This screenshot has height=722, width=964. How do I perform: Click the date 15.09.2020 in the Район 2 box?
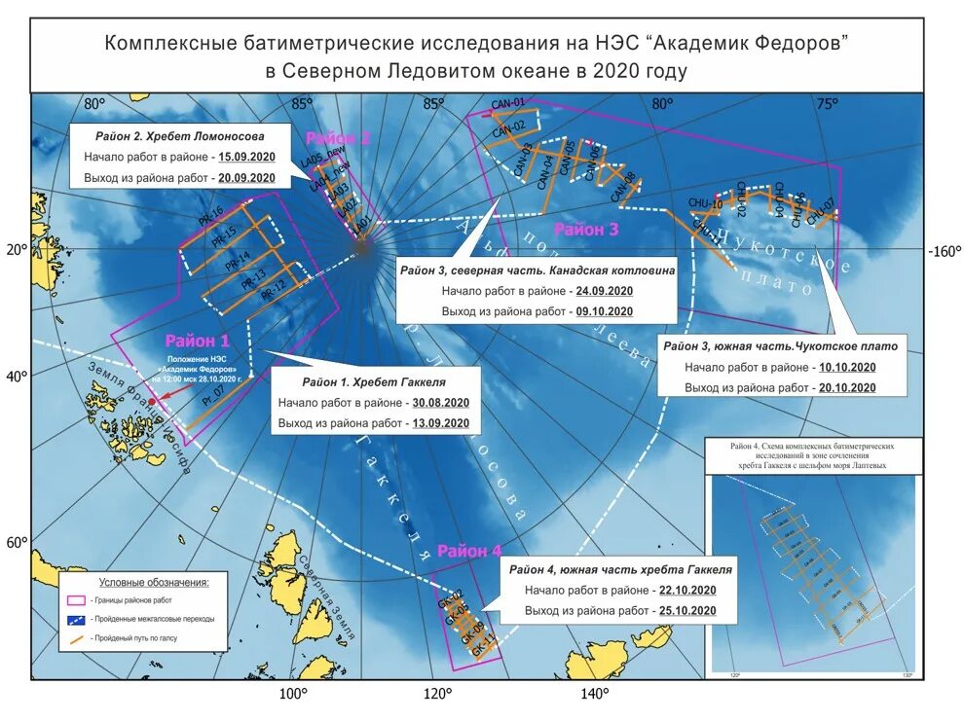click(x=246, y=157)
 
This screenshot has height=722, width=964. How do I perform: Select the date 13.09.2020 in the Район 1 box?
click(x=440, y=423)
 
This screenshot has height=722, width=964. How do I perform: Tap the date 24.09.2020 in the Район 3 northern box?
click(x=604, y=291)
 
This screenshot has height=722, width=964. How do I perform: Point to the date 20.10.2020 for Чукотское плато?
click(x=846, y=387)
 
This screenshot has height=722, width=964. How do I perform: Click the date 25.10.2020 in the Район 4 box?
click(x=687, y=610)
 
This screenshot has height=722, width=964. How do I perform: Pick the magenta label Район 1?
click(x=197, y=341)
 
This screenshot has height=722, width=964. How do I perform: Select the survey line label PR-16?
click(x=210, y=215)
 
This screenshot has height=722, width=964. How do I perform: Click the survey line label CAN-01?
click(x=507, y=103)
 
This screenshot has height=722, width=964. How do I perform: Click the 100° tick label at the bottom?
click(x=293, y=693)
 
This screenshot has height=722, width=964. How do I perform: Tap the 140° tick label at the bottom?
click(x=595, y=693)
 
